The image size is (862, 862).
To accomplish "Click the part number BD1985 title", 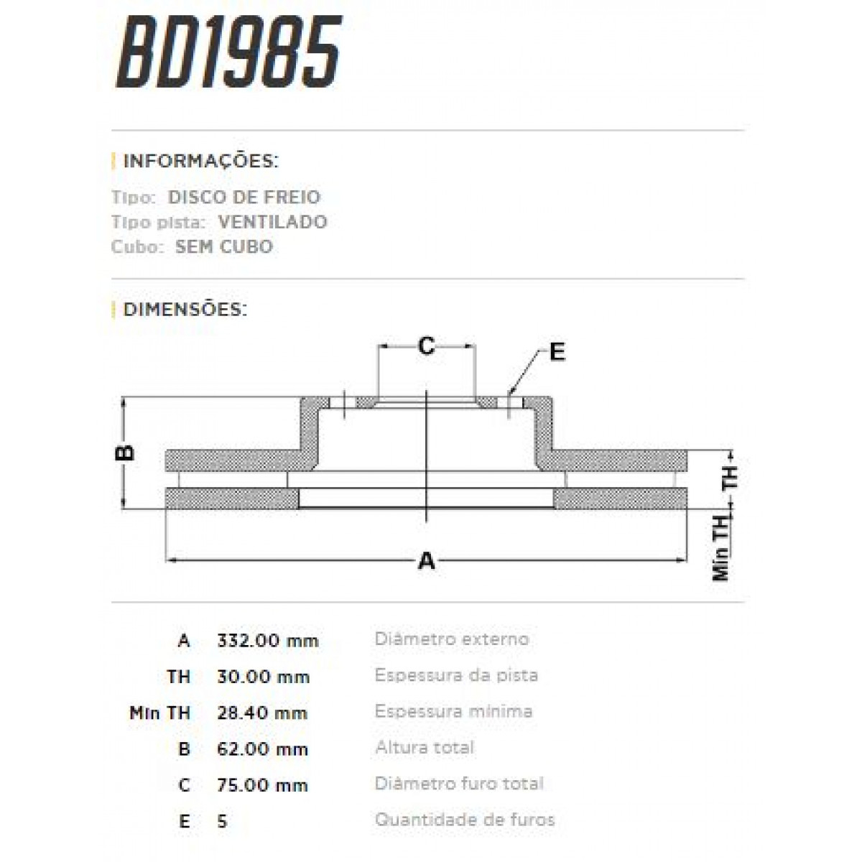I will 228,54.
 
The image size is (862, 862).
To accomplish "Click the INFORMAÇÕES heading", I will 200,160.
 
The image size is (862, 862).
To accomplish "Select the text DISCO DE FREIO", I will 244,198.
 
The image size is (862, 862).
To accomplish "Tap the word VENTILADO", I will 272,222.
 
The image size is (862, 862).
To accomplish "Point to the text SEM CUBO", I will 223,247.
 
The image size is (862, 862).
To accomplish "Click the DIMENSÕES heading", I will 185,310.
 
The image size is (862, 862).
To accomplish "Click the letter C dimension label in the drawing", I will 426,347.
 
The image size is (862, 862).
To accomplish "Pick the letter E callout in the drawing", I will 557,352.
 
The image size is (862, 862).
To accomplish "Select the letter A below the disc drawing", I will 427,560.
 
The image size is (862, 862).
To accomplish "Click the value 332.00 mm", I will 267,641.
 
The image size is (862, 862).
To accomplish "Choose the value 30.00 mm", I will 263,677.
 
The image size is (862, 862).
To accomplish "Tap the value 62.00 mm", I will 262,749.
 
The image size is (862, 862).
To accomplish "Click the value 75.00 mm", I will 262,785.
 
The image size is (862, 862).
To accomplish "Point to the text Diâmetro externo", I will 451,639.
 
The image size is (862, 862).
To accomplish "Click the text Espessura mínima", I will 453,712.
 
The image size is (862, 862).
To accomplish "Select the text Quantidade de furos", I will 464,820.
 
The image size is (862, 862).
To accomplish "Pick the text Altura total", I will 424,748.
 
